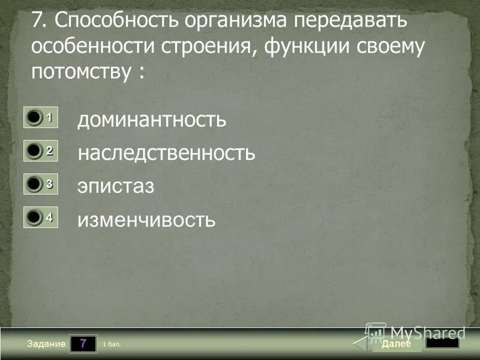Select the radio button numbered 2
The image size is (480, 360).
pos(34,152)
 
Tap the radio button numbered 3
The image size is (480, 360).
pos(34,185)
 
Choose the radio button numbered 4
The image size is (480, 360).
pos(34,218)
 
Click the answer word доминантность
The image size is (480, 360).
pos(152,119)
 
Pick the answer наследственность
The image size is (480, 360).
pos(166,153)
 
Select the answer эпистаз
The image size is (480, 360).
pos(116,186)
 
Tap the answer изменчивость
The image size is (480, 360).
pos(146,220)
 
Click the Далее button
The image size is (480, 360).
pos(396,344)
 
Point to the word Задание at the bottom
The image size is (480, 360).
pos(46,344)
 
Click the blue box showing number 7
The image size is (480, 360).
pos(83,344)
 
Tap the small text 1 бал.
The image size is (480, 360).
pos(112,344)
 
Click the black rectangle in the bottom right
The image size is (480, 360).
pos(442,343)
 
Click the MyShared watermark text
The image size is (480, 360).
pos(427,332)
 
